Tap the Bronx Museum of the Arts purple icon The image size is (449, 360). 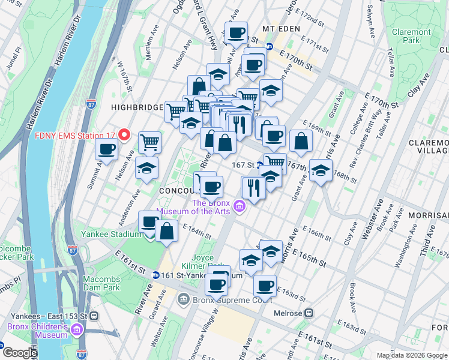coord(240,207)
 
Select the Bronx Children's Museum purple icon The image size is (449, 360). coord(77,330)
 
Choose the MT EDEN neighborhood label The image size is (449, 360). coord(285,29)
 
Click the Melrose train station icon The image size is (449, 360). coord(309,313)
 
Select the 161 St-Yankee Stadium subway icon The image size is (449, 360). coord(155,275)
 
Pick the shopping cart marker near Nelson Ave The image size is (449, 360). coord(149,142)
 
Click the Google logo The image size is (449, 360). coord(19,353)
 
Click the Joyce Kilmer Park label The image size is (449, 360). coord(205,262)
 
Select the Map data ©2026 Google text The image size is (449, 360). coord(411,355)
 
